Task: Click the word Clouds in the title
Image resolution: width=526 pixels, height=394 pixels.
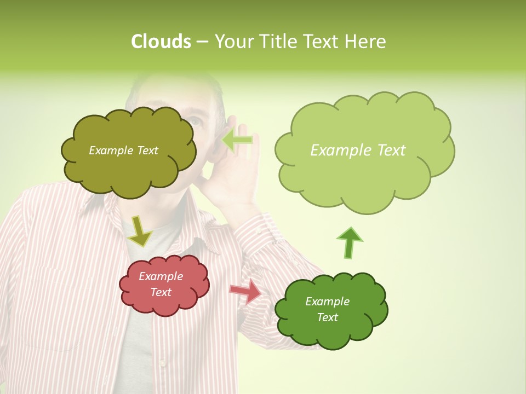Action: tap(161, 42)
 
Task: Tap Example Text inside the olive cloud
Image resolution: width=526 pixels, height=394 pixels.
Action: tap(123, 150)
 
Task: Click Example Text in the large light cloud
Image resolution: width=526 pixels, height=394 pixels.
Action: tap(358, 150)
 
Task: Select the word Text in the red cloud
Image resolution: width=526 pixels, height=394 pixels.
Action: tap(161, 292)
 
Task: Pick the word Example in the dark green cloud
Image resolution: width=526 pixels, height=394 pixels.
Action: tap(327, 302)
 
